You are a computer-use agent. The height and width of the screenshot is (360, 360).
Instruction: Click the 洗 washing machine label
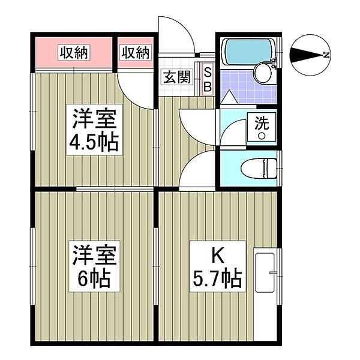(262, 124)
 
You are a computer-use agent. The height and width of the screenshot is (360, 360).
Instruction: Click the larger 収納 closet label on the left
(74, 53)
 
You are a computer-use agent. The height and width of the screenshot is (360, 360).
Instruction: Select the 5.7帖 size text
(217, 277)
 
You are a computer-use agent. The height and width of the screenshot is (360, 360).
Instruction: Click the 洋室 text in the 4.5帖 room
(94, 119)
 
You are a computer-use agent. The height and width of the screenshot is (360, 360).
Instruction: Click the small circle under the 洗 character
(262, 136)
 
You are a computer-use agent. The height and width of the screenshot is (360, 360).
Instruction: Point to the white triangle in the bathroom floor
(229, 96)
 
